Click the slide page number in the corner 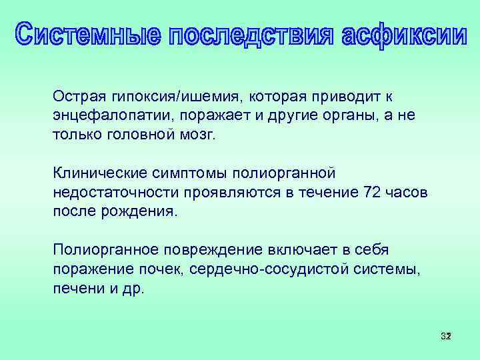point(445,336)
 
